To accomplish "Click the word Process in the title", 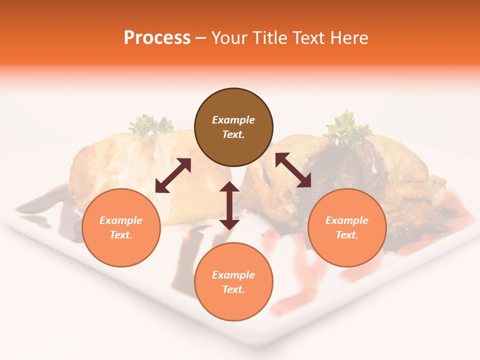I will coord(157,38).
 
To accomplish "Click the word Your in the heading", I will coord(227,38).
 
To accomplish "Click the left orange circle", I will coord(121,227).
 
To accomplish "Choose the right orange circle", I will coord(347,227).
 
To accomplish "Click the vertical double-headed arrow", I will coord(229,205).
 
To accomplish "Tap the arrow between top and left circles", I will coord(173,175).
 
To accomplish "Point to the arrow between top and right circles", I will coord(293,170).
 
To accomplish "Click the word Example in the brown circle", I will coord(233,120).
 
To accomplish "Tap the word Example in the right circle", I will coord(347,220).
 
